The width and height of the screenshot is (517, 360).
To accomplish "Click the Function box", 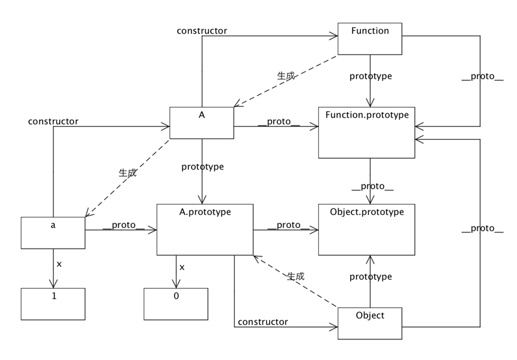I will coord(369,39).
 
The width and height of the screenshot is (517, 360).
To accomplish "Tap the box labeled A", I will coord(201,122).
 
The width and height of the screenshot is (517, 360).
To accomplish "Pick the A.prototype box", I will coord(204,229).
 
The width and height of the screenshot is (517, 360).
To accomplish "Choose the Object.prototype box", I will coord(366,229).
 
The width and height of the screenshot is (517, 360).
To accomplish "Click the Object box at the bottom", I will coord(369,322).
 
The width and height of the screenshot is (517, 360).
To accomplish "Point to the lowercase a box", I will coord(52,232).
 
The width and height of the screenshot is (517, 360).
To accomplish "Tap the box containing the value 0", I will coord(176,303).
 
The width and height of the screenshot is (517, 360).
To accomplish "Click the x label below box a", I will coord(60,264).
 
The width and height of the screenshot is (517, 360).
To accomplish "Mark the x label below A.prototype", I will coord(182,267).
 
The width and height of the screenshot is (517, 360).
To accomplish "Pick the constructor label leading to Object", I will coord(263,321).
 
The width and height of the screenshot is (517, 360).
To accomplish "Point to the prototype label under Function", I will coord(371,76).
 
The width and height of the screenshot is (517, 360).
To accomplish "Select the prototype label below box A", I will coord(203,166).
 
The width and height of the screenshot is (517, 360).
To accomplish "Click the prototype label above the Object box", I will coord(371,276).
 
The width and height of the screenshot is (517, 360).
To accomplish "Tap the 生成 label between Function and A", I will coord(285,75).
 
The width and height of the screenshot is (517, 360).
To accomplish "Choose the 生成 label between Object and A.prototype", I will coord(295,275).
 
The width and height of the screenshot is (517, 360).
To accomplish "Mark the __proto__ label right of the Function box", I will coord(482,76).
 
